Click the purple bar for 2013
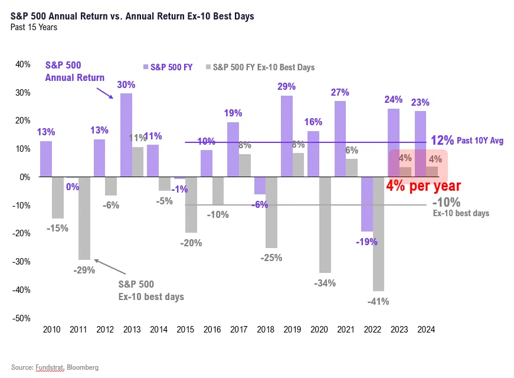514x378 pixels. click(126, 135)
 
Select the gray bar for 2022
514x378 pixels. click(378, 234)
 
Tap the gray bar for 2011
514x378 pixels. click(84, 218)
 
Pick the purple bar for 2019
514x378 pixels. click(287, 136)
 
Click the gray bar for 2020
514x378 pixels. click(325, 225)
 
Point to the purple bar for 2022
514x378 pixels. click(367, 204)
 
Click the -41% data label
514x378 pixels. click(378, 301)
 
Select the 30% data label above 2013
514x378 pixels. click(126, 84)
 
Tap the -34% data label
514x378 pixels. click(325, 283)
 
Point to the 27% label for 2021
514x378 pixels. click(340, 92)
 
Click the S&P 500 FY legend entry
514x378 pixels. click(168, 67)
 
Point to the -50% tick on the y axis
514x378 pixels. click(21, 318)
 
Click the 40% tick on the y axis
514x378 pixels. click(22, 64)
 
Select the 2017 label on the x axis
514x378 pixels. click(238, 330)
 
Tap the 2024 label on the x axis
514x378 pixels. click(426, 330)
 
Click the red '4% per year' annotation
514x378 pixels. click(424, 186)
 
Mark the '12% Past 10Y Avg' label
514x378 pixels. click(467, 141)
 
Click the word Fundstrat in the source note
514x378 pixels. click(50, 367)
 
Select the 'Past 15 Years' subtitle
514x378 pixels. click(34, 27)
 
